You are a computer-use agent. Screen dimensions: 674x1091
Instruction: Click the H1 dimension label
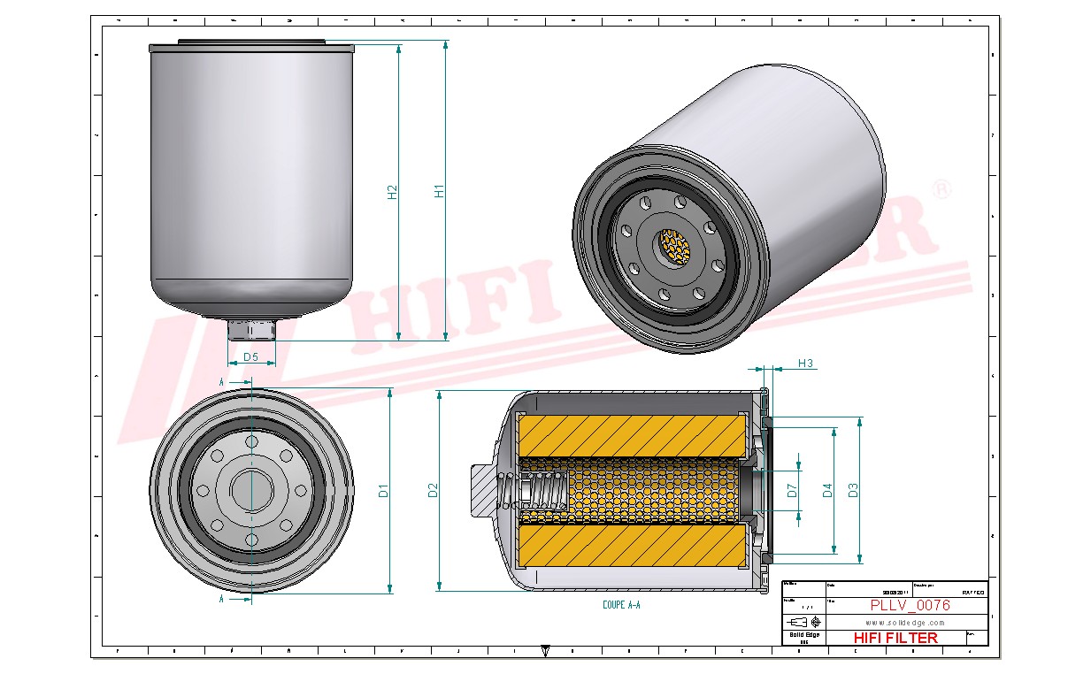point(439,191)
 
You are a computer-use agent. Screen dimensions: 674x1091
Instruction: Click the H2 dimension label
point(393,191)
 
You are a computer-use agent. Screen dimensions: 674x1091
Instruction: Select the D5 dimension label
point(250,357)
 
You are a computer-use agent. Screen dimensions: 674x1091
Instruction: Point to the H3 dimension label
point(805,364)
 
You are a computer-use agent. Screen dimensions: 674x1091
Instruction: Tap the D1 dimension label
point(383,490)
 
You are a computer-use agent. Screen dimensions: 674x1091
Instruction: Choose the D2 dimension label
point(433,490)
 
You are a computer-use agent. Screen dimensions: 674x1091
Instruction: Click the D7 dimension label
point(793,490)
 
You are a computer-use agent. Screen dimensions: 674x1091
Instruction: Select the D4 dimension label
point(827,490)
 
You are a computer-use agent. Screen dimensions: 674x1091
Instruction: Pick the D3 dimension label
point(852,490)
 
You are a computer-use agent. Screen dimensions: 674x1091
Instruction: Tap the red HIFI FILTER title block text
point(895,638)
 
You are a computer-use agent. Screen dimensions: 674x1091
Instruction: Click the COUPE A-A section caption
point(620,606)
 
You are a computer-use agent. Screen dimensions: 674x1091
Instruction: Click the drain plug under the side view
point(251,330)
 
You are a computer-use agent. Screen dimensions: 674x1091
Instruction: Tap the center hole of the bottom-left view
point(251,490)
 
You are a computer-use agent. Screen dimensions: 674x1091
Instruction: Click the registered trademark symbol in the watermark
point(942,189)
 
